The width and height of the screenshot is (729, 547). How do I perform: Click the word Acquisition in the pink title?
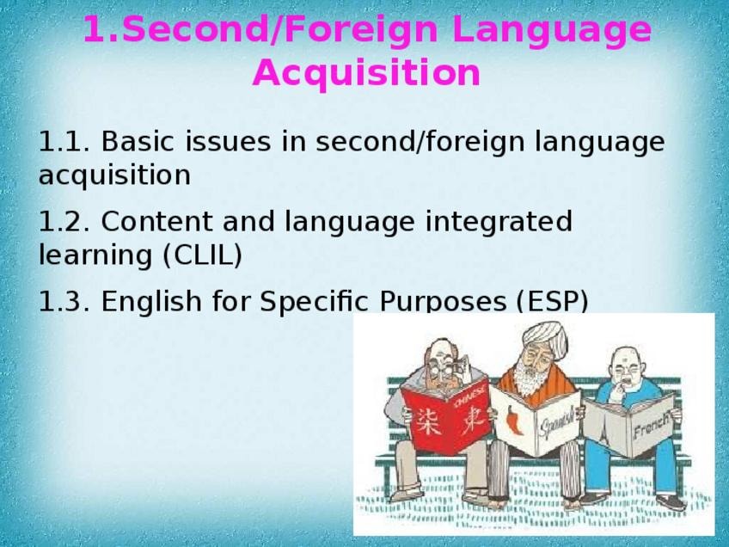coord(366,73)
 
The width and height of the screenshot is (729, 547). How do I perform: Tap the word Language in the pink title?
coord(551,30)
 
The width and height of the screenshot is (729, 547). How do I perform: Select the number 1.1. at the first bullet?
coord(64,141)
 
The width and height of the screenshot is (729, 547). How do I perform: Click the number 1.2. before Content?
coord(64,221)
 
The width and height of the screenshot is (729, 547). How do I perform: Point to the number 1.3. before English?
coord(64,301)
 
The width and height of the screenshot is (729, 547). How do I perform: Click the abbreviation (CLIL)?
coord(203,255)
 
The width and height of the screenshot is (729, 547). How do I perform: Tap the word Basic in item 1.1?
coord(138,141)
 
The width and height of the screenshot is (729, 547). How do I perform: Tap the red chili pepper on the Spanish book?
coord(513,420)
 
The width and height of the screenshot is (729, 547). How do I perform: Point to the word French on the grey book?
coord(652,424)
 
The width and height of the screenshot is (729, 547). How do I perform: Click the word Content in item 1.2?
coord(156,221)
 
